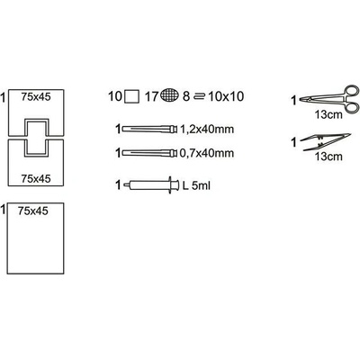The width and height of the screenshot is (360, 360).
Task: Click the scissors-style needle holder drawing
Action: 330,99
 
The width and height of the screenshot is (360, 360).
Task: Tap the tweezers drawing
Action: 326,141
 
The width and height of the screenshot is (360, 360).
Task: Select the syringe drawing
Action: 150,184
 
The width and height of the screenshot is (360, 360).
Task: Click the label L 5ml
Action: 197,185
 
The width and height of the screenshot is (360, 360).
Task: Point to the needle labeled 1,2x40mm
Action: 150,130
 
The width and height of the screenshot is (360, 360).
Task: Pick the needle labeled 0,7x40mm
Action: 150,153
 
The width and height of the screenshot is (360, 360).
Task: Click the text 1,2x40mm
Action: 207,130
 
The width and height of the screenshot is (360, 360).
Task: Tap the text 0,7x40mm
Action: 207,153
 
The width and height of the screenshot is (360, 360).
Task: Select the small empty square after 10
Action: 131,96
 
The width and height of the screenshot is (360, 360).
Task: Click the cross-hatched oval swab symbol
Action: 170,95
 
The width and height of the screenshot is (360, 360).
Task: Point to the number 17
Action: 151,96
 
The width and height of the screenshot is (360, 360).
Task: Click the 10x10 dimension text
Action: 226,96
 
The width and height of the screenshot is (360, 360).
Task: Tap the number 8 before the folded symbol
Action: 186,96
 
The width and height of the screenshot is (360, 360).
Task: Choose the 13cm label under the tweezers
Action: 328,156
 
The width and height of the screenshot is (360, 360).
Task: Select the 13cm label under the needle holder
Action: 328,114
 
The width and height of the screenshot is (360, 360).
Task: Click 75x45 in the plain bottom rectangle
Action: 33,211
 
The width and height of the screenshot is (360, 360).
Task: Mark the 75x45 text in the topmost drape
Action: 36,97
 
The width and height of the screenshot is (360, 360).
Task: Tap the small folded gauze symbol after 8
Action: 199,96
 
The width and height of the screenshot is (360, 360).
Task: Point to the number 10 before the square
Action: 115,96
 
